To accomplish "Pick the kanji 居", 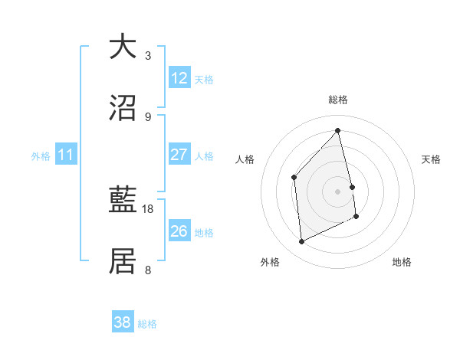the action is click(123, 261).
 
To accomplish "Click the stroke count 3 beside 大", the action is click(148, 55).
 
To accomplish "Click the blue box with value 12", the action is click(179, 78).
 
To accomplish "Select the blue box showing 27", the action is click(179, 155).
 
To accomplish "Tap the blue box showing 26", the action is click(179, 231).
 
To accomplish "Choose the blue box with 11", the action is click(66, 155).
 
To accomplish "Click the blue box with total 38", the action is click(123, 322).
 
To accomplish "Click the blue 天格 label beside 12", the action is click(204, 79).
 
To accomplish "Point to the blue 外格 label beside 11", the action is click(41, 155).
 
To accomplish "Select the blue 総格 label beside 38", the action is click(147, 324).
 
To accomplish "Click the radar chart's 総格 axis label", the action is click(338, 100).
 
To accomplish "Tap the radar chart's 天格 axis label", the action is click(432, 159).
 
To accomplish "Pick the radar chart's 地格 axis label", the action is click(402, 262).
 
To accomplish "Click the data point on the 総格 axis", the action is click(338, 131).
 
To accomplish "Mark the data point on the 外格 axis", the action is click(301, 242).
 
